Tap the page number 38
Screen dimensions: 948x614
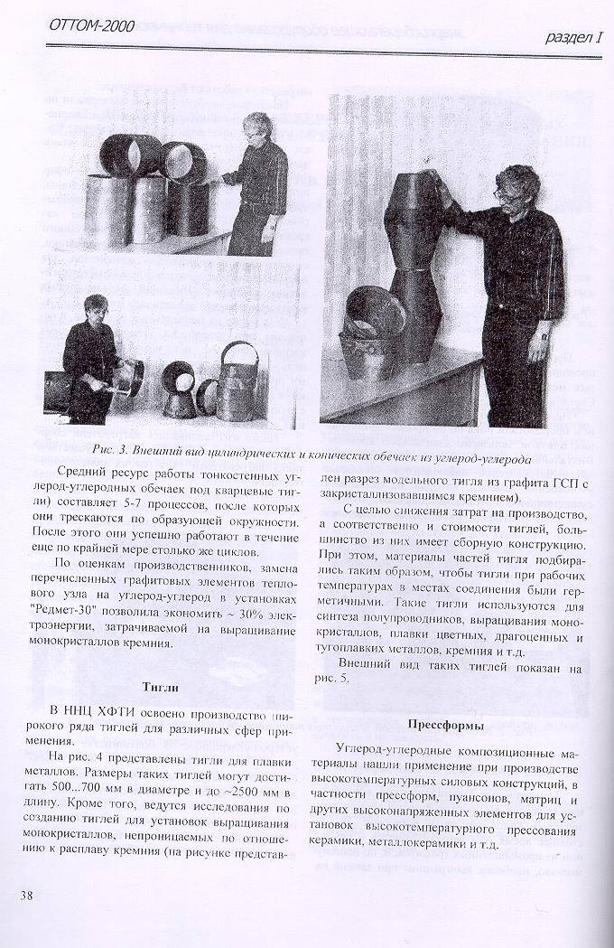27,896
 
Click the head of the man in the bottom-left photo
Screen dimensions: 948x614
94,307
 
